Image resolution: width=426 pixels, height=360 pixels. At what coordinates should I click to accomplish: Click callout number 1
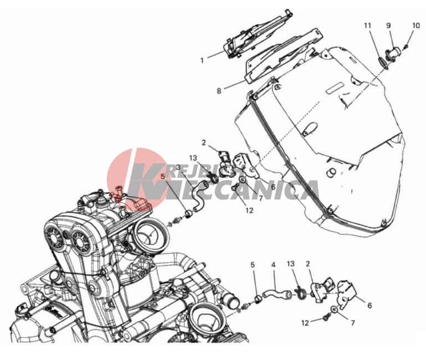(202, 60)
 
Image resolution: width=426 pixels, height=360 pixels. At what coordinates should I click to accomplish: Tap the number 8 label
(219, 91)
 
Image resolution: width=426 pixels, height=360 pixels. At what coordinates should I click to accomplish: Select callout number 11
(367, 25)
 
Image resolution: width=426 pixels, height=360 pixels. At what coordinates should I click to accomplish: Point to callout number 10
(416, 25)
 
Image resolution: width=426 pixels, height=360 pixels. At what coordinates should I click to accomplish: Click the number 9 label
(388, 25)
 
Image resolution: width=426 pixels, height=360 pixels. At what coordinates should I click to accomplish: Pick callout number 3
(178, 167)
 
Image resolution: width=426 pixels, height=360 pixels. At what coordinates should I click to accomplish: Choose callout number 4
(273, 265)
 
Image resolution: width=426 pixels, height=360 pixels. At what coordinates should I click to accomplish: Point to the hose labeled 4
(276, 294)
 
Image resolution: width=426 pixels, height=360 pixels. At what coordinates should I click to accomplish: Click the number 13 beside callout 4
(291, 264)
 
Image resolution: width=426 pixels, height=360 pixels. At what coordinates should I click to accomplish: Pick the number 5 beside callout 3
(163, 176)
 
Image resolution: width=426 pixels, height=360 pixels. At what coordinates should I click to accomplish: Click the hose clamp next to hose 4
(300, 293)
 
